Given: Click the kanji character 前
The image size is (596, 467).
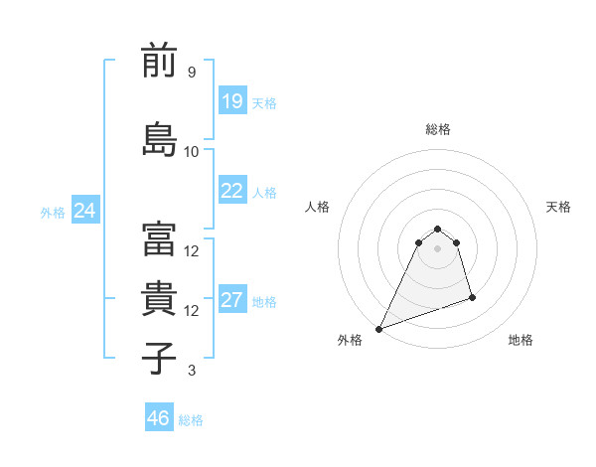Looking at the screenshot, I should click(159, 61).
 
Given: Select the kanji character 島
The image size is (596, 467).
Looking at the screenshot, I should click(159, 139).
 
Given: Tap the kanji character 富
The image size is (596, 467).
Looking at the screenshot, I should click(159, 239).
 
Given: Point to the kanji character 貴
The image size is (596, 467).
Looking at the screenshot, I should click(159, 299).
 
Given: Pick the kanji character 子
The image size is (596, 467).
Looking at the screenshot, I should click(159, 358).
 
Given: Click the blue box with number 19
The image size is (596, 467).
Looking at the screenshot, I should click(232, 101).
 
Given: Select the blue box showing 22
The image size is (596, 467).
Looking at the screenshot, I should click(232, 192).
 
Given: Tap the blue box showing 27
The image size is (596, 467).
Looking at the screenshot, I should click(232, 301).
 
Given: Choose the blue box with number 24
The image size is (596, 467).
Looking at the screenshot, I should click(85, 211).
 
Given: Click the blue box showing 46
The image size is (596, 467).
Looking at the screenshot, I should click(159, 418).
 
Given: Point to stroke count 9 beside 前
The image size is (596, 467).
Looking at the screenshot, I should click(191, 73).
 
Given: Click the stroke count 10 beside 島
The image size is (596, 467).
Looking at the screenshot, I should click(192, 151).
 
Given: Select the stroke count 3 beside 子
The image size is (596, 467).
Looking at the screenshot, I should click(191, 371).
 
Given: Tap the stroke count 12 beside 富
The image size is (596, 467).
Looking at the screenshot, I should click(192, 250).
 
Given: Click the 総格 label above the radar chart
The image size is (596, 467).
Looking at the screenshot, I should click(437, 129).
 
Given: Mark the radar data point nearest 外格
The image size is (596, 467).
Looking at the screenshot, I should click(378, 328).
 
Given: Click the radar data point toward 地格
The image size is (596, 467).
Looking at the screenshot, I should click(472, 297).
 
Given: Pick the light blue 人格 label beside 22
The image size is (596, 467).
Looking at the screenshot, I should click(264, 193).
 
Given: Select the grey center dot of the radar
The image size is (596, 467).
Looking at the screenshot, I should click(437, 248).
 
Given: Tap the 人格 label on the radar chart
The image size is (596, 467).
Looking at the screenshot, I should click(318, 207).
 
